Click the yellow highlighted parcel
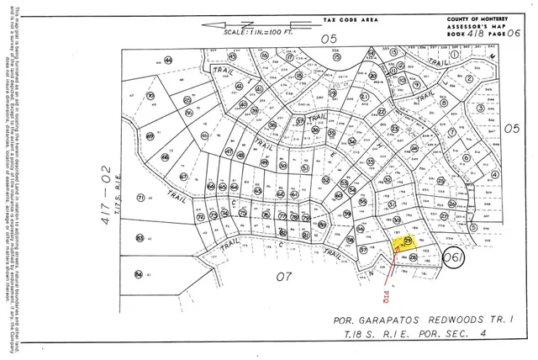(x=407, y=243)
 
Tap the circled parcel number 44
(x=169, y=60)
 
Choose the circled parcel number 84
(x=139, y=273)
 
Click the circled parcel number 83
(x=139, y=237)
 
